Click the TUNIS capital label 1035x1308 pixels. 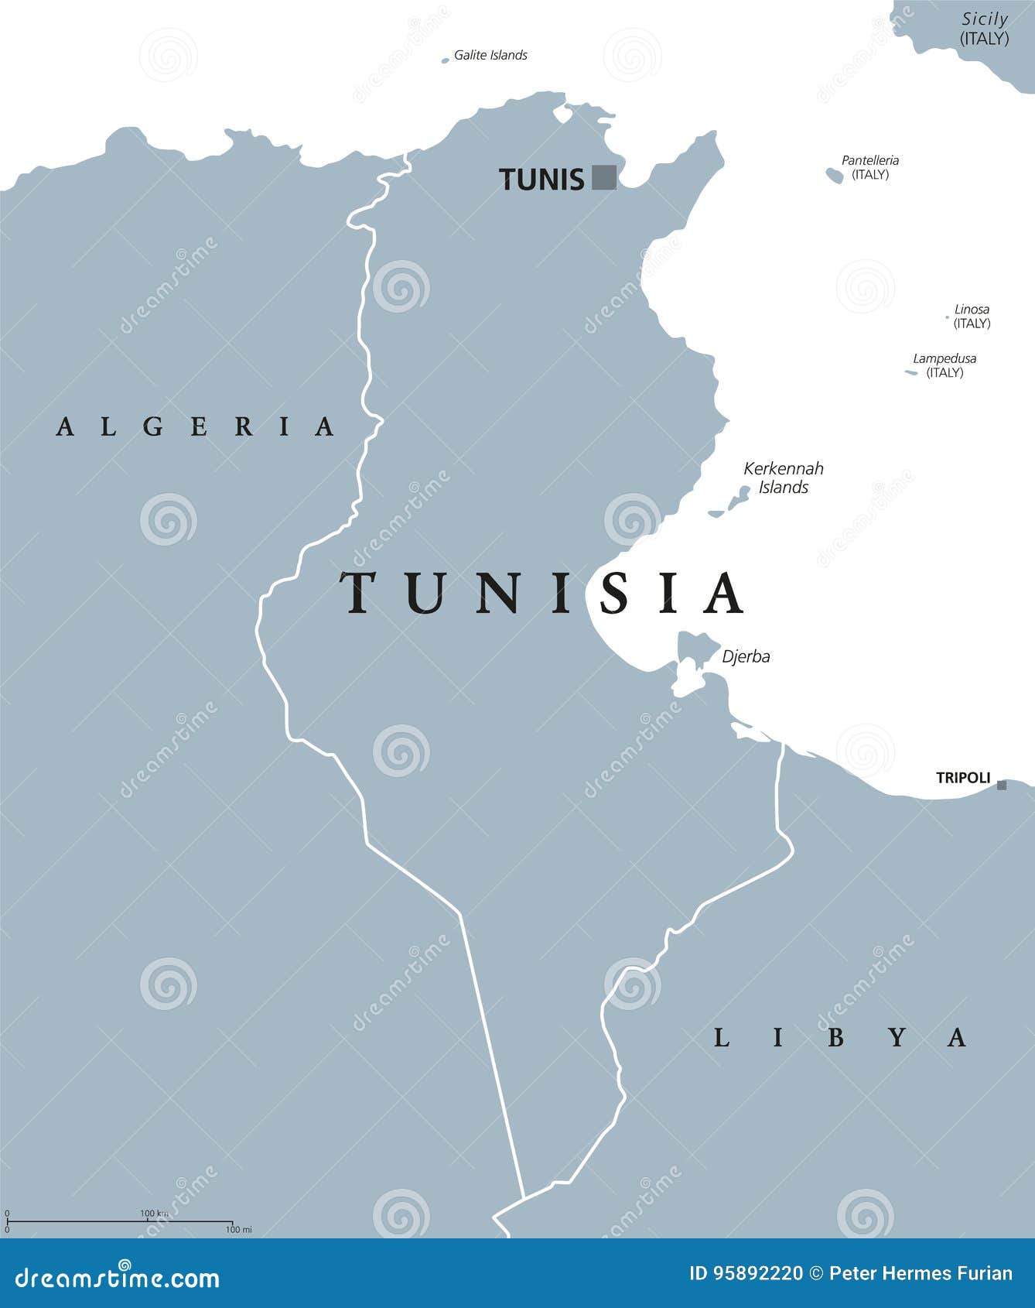pyautogui.click(x=541, y=180)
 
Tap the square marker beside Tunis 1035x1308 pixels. pyautogui.click(x=604, y=177)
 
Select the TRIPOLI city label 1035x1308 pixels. pyautogui.click(x=963, y=778)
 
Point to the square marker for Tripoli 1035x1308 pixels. pyautogui.click(x=1002, y=785)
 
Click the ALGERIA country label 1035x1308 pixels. pyautogui.click(x=196, y=426)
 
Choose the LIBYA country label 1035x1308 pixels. pyautogui.click(x=839, y=1037)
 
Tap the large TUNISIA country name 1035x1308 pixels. pyautogui.click(x=541, y=594)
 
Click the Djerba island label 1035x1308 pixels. pyautogui.click(x=746, y=656)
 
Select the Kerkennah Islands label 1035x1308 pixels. pyautogui.click(x=784, y=478)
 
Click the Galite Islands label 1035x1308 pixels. pyautogui.click(x=490, y=55)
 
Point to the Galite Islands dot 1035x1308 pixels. pyautogui.click(x=445, y=60)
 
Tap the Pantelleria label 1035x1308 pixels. pyautogui.click(x=870, y=160)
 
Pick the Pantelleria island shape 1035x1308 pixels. pyautogui.click(x=834, y=175)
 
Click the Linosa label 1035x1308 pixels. pyautogui.click(x=972, y=309)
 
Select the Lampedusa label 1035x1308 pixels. pyautogui.click(x=944, y=358)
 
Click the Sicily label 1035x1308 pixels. pyautogui.click(x=985, y=19)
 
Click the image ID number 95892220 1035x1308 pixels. pyautogui.click(x=746, y=1274)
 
